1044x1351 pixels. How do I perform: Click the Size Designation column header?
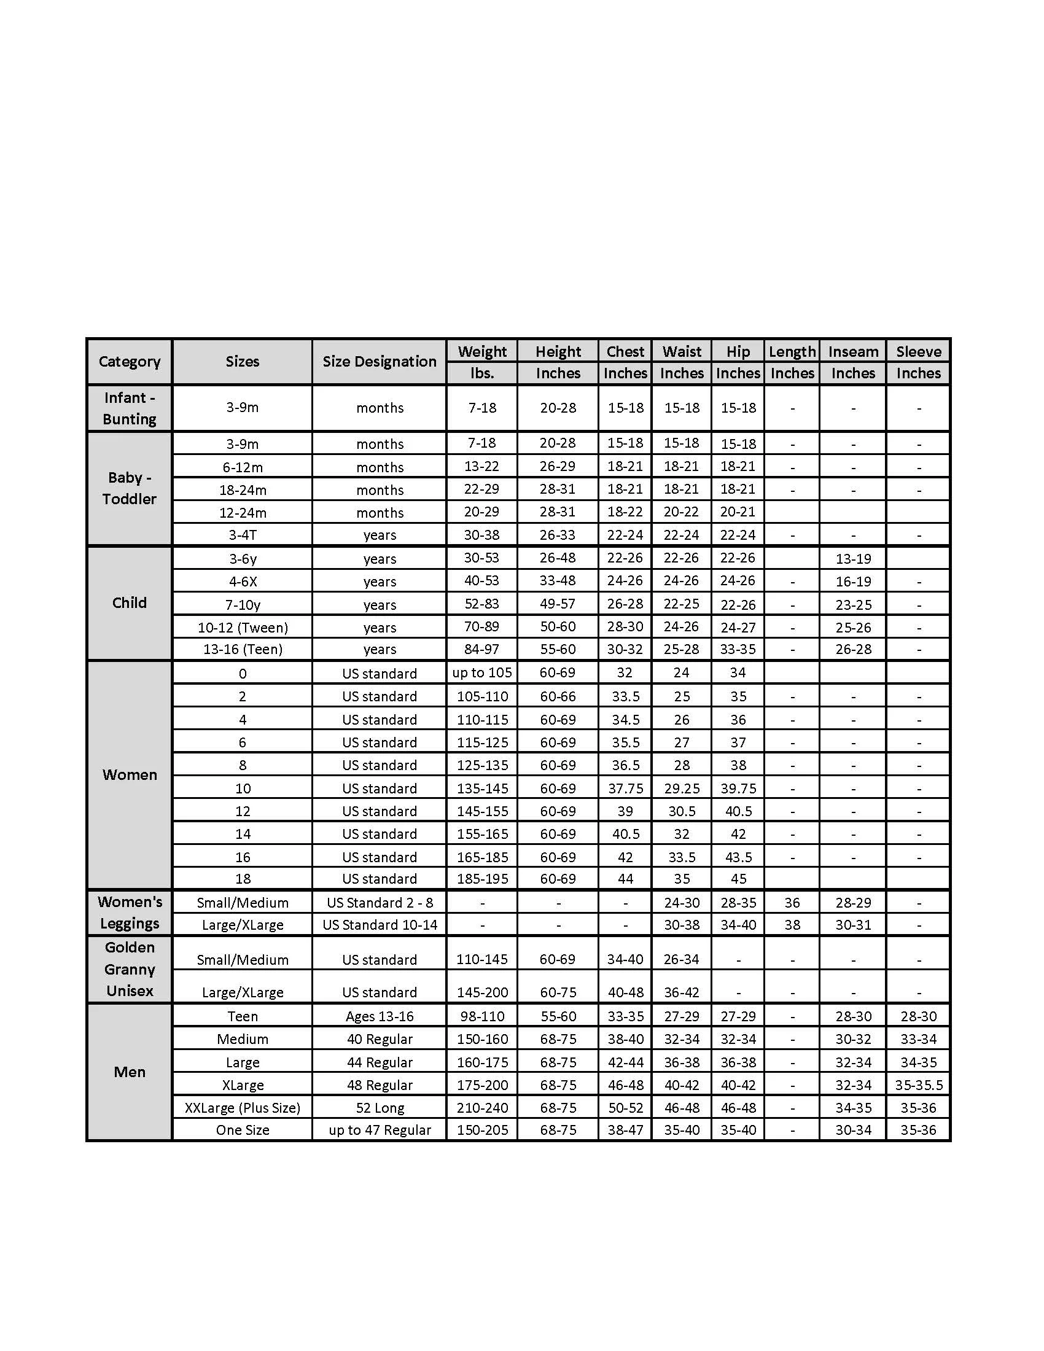click(x=379, y=362)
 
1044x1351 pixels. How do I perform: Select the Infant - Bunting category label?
click(x=129, y=408)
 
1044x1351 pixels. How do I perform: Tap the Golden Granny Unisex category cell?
click(x=129, y=969)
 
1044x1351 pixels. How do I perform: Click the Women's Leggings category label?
click(x=129, y=913)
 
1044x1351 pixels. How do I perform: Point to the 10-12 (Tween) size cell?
click(x=243, y=628)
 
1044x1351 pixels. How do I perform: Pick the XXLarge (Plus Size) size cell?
click(x=243, y=1108)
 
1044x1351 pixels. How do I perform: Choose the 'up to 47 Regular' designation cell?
click(x=379, y=1130)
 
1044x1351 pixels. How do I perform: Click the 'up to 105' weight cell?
click(x=482, y=673)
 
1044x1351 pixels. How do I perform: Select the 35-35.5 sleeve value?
click(x=919, y=1085)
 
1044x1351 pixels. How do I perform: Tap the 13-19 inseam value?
click(x=853, y=559)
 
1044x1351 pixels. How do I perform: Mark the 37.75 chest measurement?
click(x=625, y=788)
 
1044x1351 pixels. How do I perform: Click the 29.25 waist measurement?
click(x=682, y=788)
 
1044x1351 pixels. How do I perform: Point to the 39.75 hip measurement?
click(x=738, y=788)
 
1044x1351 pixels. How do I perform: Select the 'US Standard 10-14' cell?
click(x=379, y=925)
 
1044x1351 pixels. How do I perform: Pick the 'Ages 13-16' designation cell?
click(x=379, y=1016)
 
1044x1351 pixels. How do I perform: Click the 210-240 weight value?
click(x=482, y=1108)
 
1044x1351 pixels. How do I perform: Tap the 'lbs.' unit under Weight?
click(x=482, y=373)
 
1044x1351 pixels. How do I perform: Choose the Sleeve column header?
click(x=919, y=352)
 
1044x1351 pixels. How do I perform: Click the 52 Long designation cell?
click(x=379, y=1108)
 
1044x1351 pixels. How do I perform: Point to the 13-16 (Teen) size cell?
click(x=243, y=650)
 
